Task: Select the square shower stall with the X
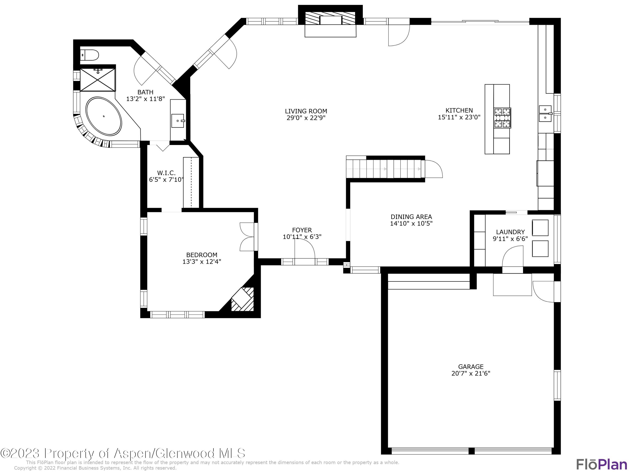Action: [98, 80]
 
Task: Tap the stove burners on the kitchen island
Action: [502, 118]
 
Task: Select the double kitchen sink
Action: [545, 114]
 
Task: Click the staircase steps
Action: [384, 169]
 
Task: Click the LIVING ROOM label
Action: [306, 111]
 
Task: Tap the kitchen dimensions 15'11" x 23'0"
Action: [459, 117]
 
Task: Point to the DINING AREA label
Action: [411, 217]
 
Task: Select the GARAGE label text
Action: [471, 366]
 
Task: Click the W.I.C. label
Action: [166, 173]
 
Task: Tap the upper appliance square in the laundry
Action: [540, 228]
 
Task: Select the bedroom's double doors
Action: [247, 237]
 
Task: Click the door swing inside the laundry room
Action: [512, 257]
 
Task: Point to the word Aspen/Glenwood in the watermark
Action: [165, 453]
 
